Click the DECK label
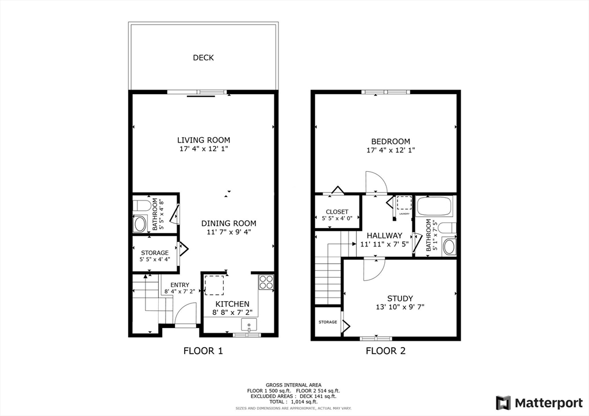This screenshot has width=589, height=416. point(203,57)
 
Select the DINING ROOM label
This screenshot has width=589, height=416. point(228,224)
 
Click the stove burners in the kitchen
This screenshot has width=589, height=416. point(266,282)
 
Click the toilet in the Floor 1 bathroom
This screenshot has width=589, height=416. point(141,205)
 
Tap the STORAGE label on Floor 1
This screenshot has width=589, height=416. point(155,253)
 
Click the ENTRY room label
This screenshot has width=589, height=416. point(179,285)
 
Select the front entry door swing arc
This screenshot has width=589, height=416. point(183,313)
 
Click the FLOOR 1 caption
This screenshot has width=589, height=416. point(202,350)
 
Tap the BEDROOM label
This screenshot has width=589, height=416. point(391,141)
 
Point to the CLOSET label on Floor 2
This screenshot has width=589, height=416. point(337,212)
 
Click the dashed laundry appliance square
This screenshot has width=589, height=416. point(404,204)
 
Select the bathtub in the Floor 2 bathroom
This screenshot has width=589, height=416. point(435,205)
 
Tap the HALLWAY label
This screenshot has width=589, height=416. point(384,236)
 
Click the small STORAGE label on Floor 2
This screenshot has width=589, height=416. point(328,322)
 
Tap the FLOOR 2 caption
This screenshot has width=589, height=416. point(385,350)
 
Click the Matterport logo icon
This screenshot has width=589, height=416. point(503,402)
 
